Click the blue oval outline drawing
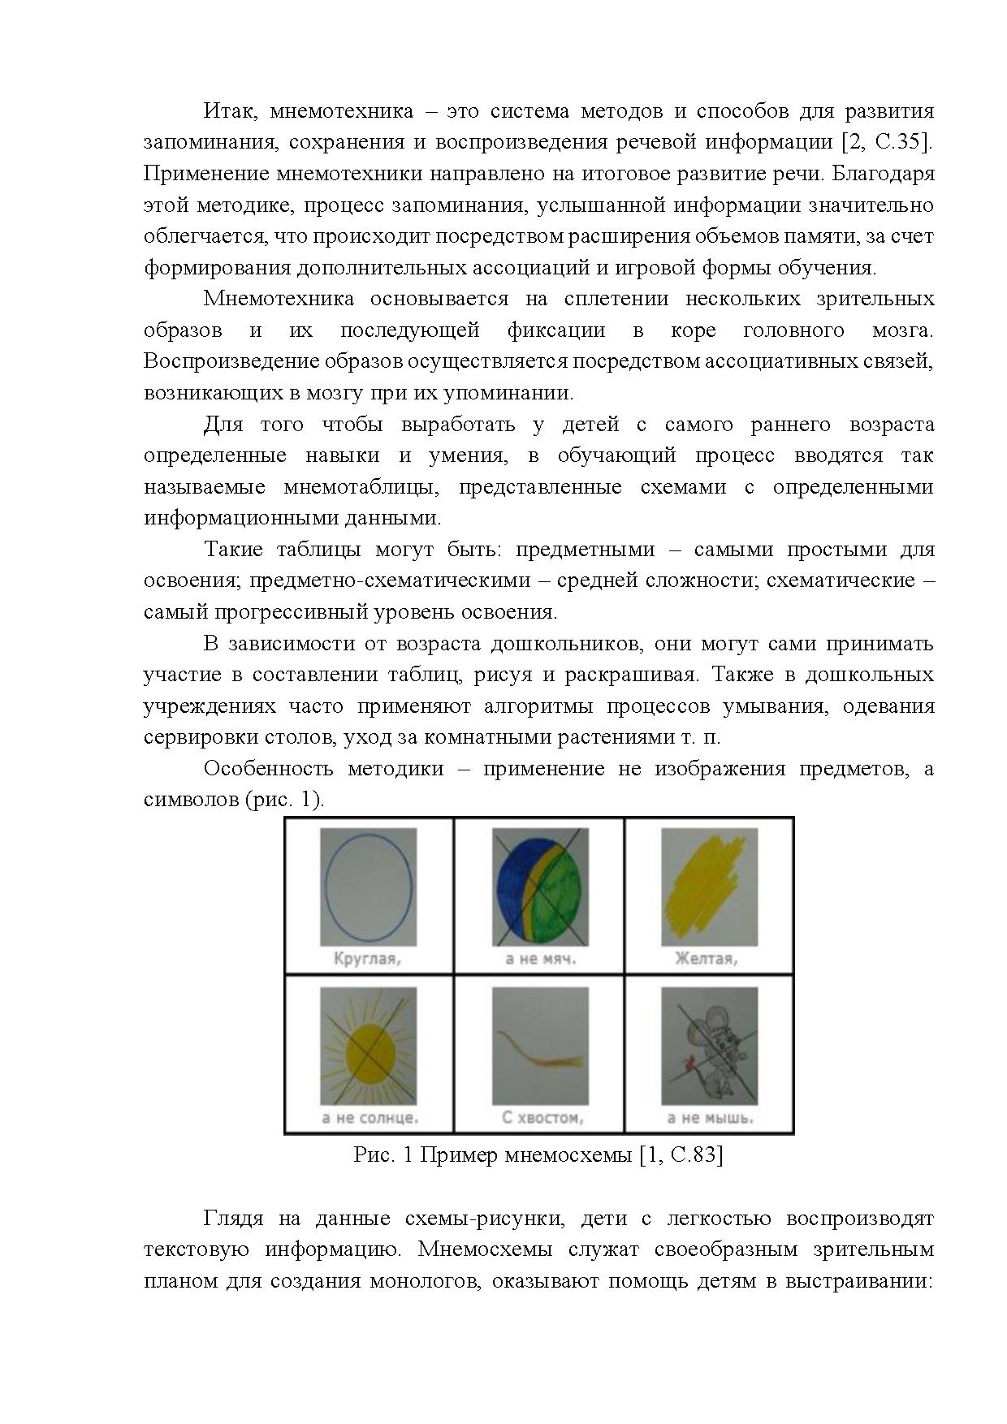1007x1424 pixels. tap(368, 886)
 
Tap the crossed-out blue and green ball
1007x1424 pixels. tap(539, 887)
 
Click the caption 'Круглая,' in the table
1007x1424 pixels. tap(368, 959)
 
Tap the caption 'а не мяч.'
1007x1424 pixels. tap(539, 959)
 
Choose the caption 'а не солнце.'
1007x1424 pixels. tap(370, 1118)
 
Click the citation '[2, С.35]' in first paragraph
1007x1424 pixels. tap(886, 142)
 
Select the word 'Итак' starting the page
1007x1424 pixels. tap(227, 111)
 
